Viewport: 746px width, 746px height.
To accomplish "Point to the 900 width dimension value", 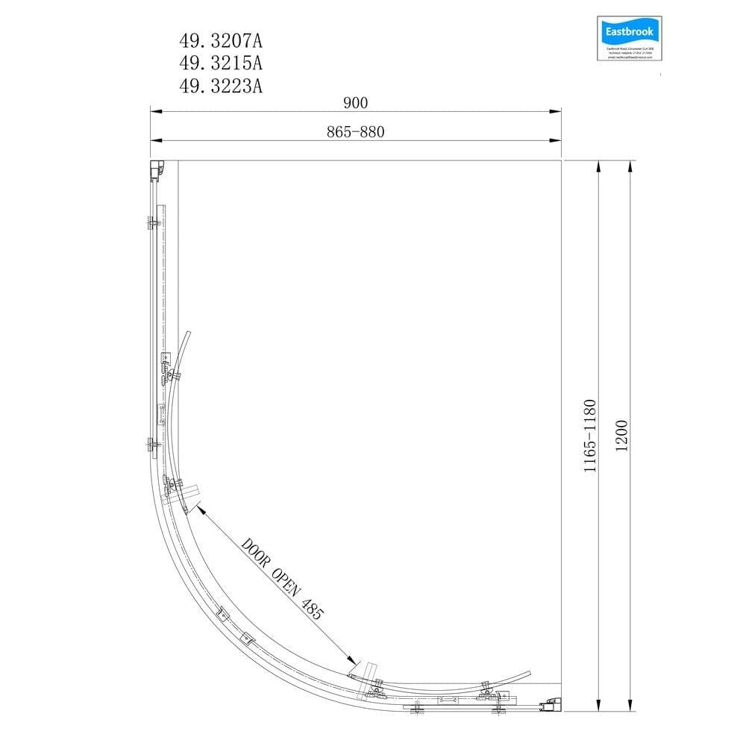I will (356, 102).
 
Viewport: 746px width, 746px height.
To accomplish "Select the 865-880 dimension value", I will (355, 131).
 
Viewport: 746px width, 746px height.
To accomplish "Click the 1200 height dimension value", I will (623, 435).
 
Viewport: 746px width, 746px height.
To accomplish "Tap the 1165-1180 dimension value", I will (590, 436).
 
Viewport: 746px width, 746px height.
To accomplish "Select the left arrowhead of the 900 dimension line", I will (155, 112).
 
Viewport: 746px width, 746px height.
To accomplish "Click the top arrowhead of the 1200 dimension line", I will (631, 165).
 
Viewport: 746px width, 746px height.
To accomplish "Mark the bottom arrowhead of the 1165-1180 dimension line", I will (598, 705).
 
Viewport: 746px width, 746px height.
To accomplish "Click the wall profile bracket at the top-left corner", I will (156, 170).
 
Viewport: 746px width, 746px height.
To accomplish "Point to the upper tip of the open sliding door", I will (189, 333).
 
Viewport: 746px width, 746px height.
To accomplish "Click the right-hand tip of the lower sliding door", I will (529, 673).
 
